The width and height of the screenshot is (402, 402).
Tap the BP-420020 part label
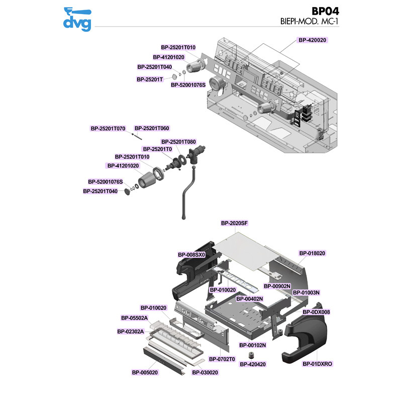click(x=313, y=40)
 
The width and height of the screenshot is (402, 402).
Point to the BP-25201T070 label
click(x=108, y=128)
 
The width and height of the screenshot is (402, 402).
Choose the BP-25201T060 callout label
click(x=152, y=128)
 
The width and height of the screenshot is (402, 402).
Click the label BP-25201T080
click(x=178, y=142)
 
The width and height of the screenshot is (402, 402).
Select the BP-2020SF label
click(x=235, y=223)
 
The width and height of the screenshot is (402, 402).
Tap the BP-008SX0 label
click(x=191, y=255)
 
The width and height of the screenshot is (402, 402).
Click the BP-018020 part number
click(x=312, y=253)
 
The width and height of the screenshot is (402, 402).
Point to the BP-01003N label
click(x=307, y=292)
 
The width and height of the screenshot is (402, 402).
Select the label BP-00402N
click(x=250, y=298)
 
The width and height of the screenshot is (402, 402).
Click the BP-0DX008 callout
click(x=316, y=312)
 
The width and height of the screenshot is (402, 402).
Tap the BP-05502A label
click(x=135, y=318)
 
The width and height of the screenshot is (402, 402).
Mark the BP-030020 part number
click(x=205, y=372)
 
